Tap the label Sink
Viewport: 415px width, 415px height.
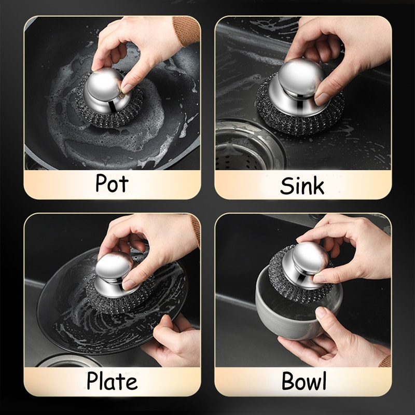pyautogui.click(x=302, y=185)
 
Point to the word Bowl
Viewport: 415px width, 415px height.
pyautogui.click(x=304, y=381)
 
